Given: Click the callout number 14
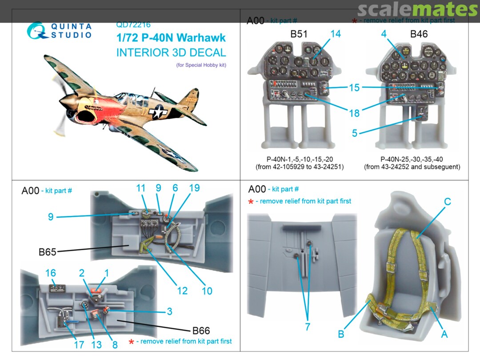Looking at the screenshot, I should (x=335, y=34).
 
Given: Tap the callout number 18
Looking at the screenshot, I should (x=354, y=113).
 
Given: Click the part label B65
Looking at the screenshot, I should (x=48, y=252).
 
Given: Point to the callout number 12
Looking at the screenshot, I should (x=183, y=291).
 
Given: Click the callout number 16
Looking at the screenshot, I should (x=51, y=272).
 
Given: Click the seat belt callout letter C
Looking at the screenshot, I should (x=448, y=201).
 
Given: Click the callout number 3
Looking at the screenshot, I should (x=169, y=312).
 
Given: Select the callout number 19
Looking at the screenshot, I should (x=194, y=188).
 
